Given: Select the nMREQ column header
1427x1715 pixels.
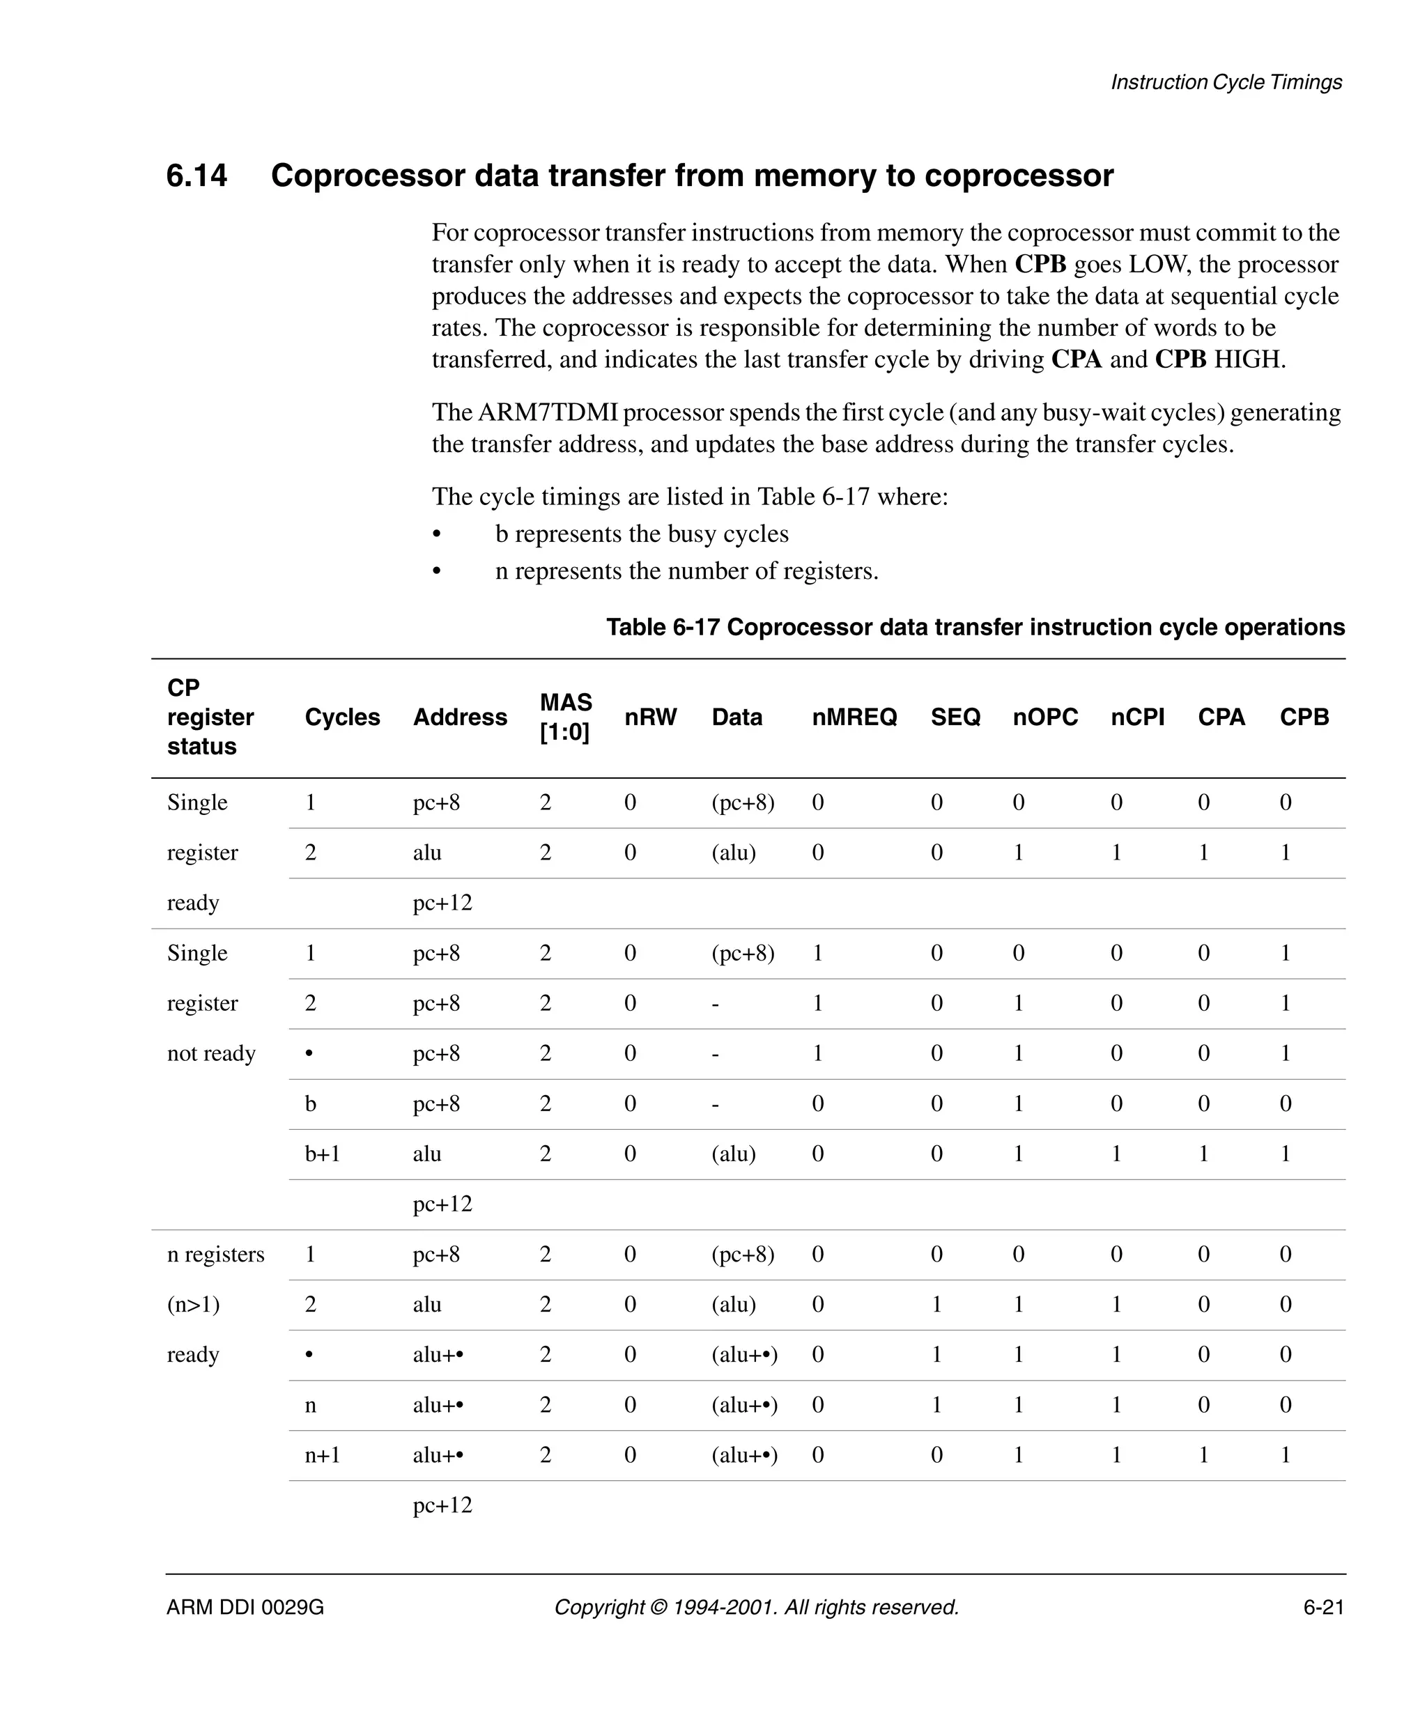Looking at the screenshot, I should click(854, 717).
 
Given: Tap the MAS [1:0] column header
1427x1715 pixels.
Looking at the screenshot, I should click(565, 717).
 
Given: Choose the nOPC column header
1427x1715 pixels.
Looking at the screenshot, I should click(1044, 717).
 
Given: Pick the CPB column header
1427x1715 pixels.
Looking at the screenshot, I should click(1304, 717).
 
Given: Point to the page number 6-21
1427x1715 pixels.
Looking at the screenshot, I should click(1323, 1607).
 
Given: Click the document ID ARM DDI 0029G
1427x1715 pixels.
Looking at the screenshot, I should click(245, 1607).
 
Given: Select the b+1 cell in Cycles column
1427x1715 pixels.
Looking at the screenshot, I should click(322, 1154).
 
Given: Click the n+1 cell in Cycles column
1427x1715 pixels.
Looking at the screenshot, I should click(322, 1454).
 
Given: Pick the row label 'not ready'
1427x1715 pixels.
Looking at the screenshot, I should click(210, 1053).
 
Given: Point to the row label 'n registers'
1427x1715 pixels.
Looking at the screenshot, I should click(215, 1255).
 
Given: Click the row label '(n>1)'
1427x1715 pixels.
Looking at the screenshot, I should click(193, 1304).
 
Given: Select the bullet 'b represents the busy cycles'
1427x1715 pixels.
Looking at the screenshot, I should click(641, 534).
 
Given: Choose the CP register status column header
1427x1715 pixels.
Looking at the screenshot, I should click(210, 717).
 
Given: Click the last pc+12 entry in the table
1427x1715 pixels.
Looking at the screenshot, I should click(442, 1505).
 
